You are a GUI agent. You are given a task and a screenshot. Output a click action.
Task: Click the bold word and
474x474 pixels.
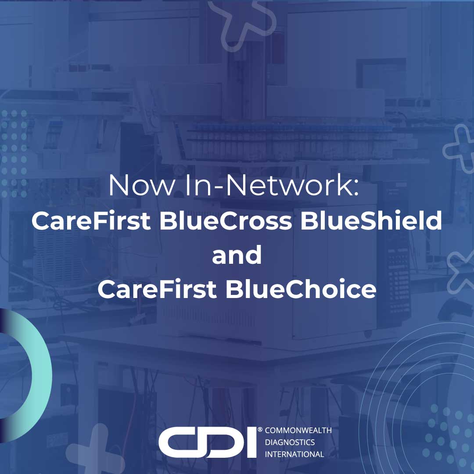coord(237,255)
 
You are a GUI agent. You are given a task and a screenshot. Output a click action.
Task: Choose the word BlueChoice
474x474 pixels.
coord(301,290)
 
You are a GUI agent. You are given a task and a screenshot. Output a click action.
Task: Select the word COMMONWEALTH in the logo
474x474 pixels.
coord(298,431)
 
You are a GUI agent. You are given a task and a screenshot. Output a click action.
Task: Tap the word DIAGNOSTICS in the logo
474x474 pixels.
coord(290,442)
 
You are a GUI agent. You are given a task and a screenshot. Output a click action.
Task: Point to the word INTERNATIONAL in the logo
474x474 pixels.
coord(294,454)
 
